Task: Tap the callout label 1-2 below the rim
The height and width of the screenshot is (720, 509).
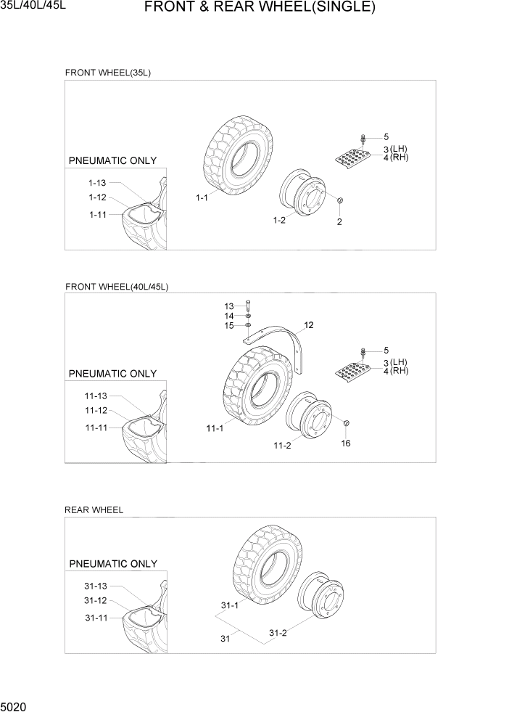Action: pos(278,221)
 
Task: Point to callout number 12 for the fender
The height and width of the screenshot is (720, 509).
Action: pos(308,325)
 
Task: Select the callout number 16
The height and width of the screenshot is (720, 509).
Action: pos(345,443)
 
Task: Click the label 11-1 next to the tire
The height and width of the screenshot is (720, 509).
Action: pos(215,429)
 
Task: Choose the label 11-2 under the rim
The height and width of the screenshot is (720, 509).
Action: pos(282,445)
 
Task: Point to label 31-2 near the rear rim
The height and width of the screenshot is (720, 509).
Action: pos(278,633)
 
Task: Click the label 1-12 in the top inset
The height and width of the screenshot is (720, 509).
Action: pos(97,197)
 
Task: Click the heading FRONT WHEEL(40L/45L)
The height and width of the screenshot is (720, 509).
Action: pos(116,287)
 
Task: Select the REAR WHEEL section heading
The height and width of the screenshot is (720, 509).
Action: pos(94,510)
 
